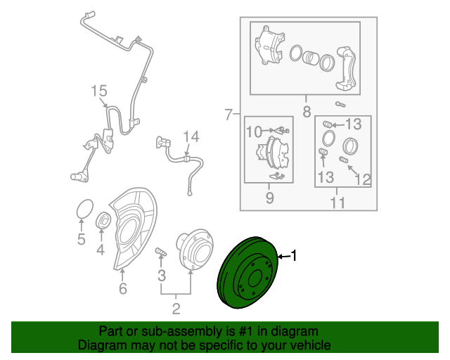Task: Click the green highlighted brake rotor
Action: pos(247,273)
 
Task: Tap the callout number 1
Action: pos(294,256)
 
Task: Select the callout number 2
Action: pos(176,309)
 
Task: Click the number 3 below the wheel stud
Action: pos(162,276)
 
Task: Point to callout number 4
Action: pos(101,250)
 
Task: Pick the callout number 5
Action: pos(82,239)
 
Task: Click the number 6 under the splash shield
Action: pos(123,288)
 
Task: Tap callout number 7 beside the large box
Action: pos(228,115)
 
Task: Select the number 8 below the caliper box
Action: pos(307,112)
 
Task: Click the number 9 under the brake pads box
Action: pos(269,198)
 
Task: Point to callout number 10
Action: pos(255,132)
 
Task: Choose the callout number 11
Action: pos(337,202)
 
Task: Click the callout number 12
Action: pos(363,180)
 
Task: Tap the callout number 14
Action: pos(191,137)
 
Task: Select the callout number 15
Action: pos(99,91)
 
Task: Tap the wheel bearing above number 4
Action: pos(103,220)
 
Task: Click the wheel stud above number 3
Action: pos(161,252)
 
